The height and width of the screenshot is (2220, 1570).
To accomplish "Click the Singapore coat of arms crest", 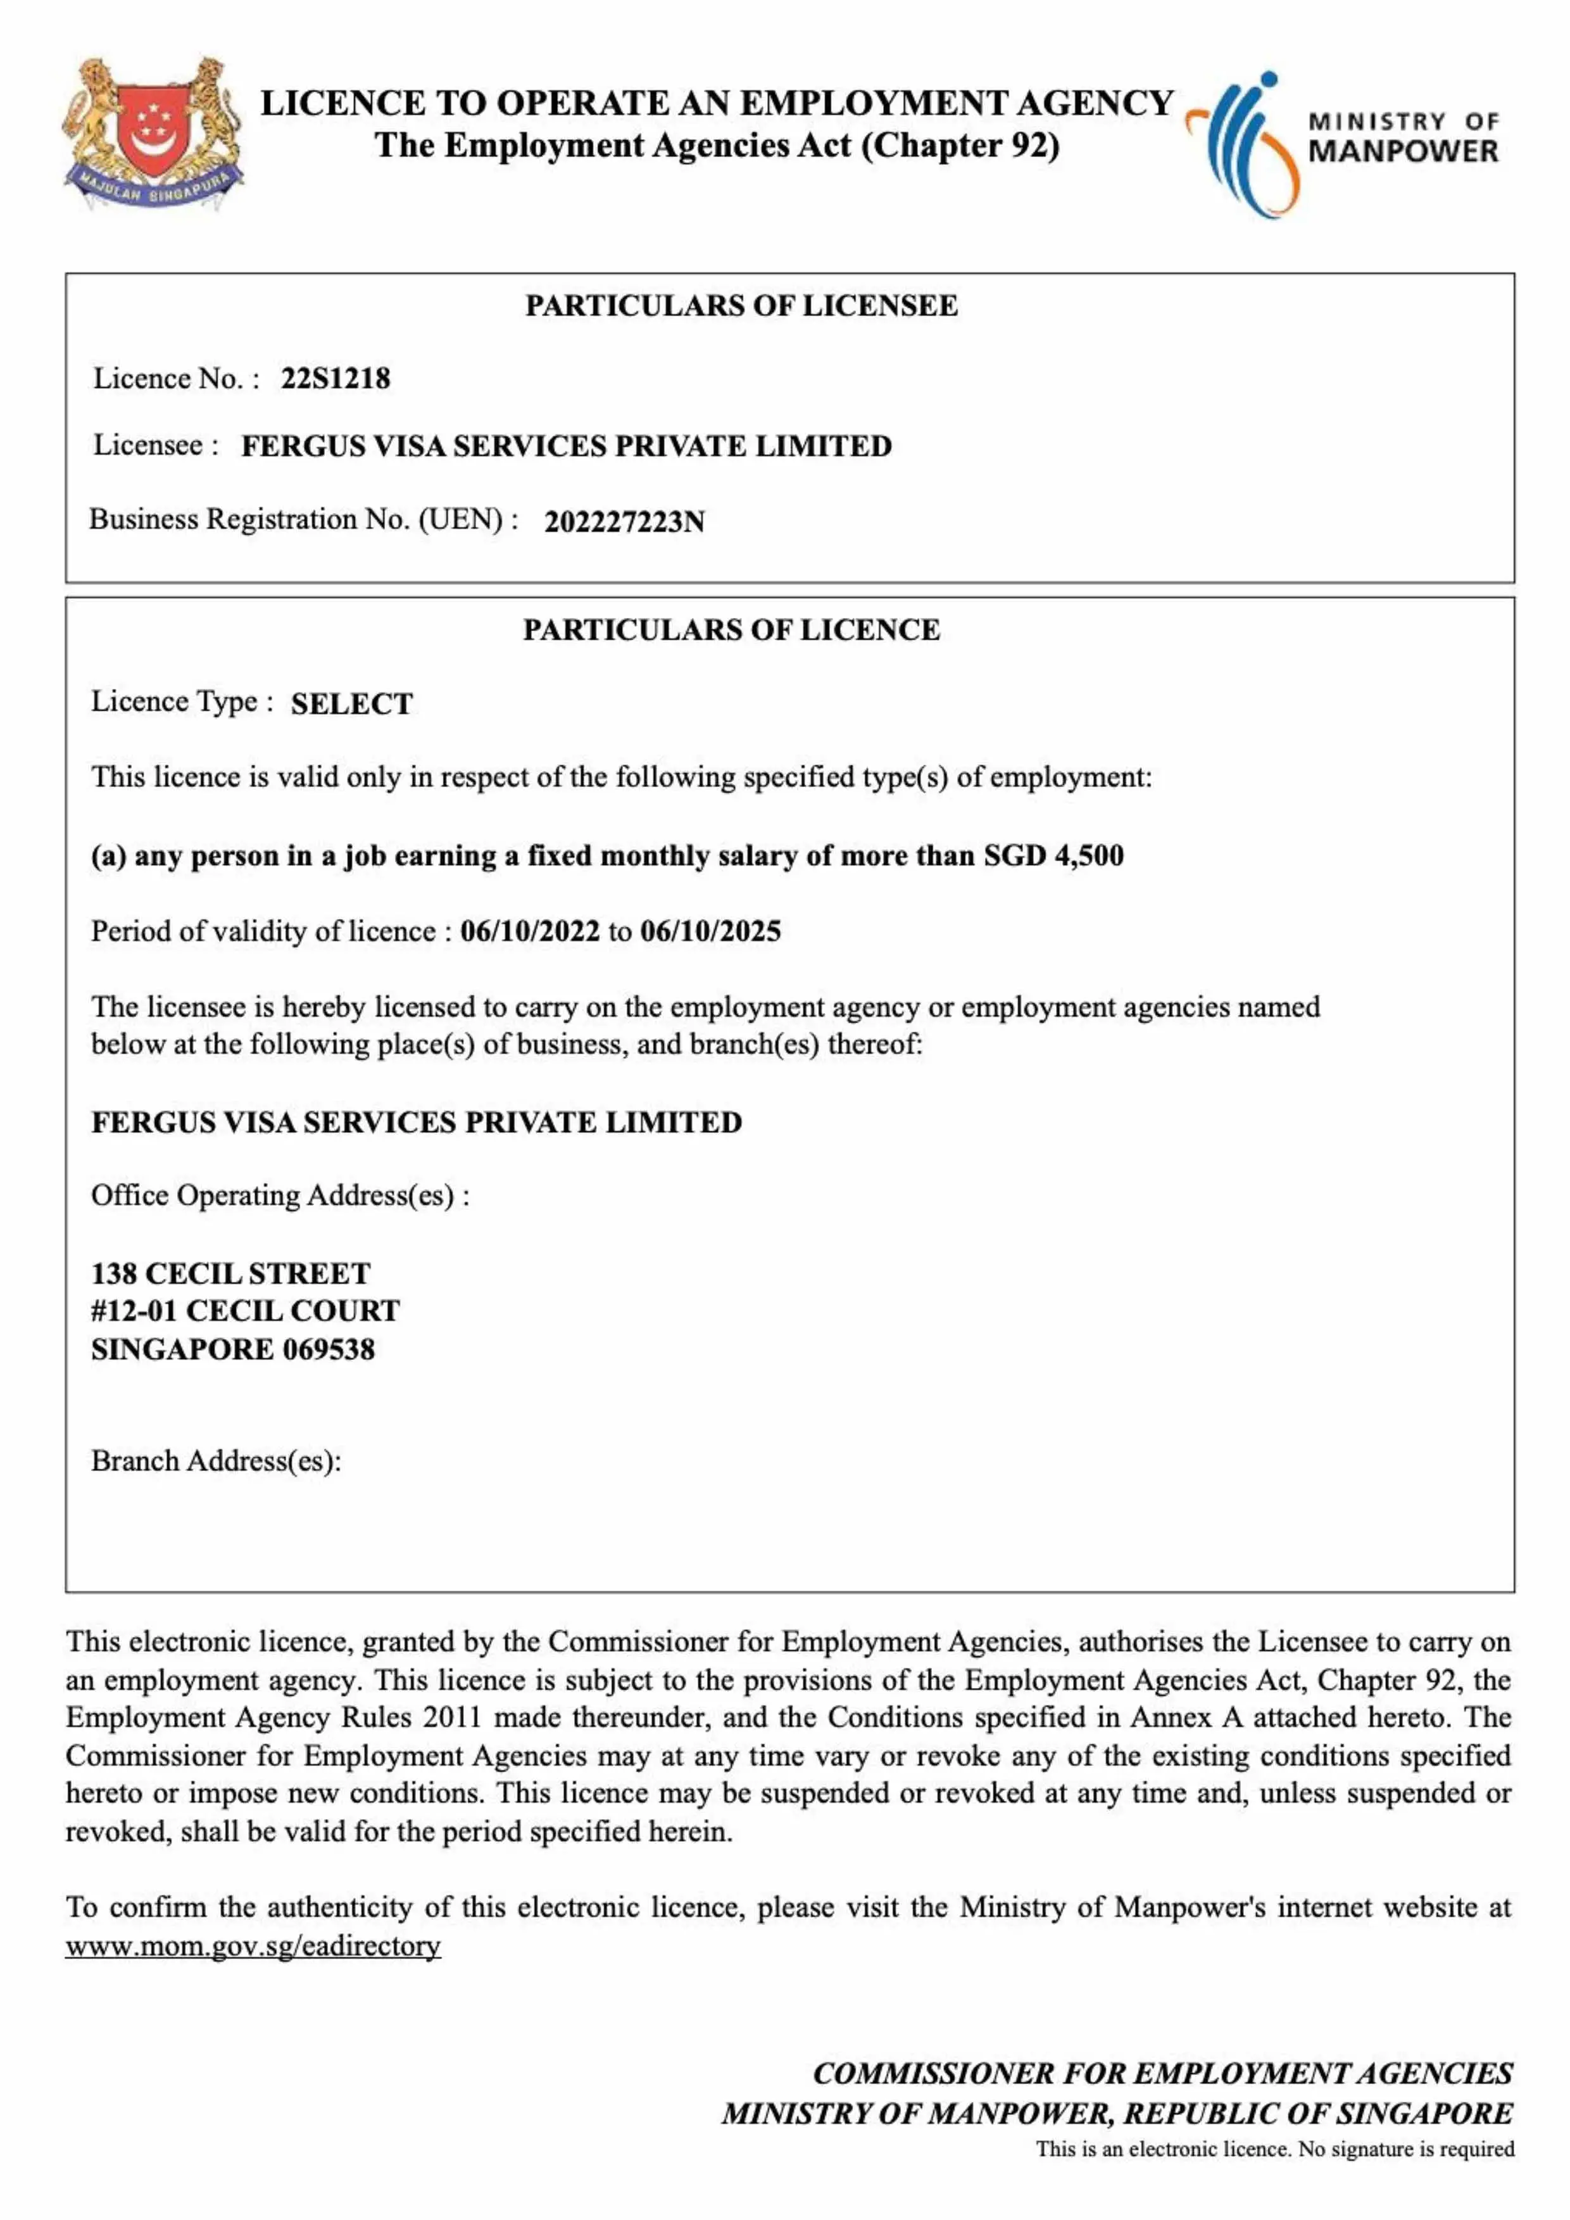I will click(153, 134).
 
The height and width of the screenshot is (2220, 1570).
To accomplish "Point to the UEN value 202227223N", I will click(625, 522).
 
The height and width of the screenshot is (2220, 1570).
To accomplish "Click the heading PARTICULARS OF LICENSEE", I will click(741, 306).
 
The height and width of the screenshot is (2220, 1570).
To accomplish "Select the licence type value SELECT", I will click(352, 704).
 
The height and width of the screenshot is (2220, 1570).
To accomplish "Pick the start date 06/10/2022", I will click(530, 931).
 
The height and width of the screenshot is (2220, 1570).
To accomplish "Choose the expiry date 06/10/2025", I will click(710, 931).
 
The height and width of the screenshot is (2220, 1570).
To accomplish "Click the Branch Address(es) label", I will click(217, 1460).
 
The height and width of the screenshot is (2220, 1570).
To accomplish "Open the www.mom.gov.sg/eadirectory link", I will click(253, 1945).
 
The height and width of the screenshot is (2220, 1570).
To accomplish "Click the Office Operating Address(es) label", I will click(280, 1196).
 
